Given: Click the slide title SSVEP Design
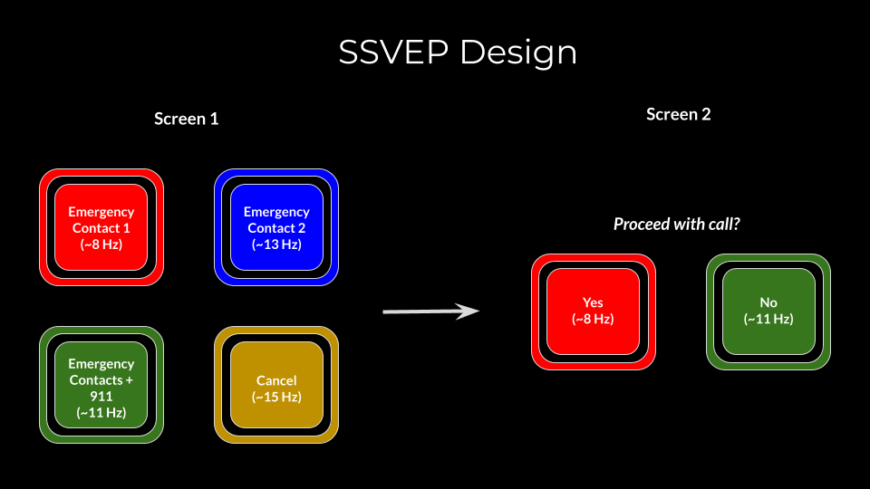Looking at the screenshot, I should [x=458, y=53].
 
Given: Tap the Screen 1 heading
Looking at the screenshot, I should [x=186, y=119].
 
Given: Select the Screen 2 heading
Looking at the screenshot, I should [x=678, y=114].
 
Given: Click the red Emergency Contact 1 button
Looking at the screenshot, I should [x=101, y=227].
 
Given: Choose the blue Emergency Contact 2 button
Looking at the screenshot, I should [x=276, y=227].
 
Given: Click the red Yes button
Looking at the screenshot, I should [x=593, y=311].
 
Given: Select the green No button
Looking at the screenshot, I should [x=768, y=311].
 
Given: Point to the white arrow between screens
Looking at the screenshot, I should [x=430, y=312].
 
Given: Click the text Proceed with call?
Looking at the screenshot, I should [x=676, y=224].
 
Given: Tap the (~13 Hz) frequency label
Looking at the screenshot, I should [x=276, y=244].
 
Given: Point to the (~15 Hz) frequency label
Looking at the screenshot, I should [x=276, y=397].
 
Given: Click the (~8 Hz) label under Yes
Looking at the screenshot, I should [x=593, y=319].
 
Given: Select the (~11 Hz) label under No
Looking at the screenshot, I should [x=768, y=319].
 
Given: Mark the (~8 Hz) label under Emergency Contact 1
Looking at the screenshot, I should [x=101, y=244].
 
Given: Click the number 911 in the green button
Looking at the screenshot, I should [x=101, y=397].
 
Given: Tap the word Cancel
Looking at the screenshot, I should [x=276, y=380].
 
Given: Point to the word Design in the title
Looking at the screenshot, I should [x=518, y=53].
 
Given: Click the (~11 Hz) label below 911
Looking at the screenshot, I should [x=101, y=413].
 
